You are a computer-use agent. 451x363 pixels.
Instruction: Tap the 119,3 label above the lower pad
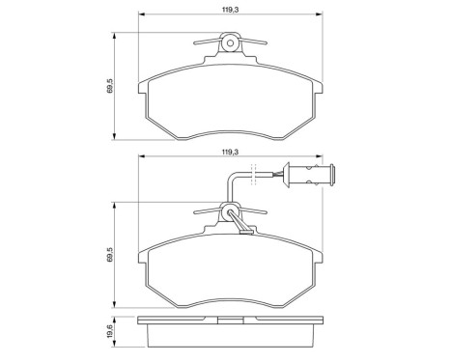point(230,153)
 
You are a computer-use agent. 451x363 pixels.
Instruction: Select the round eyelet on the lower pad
point(230,211)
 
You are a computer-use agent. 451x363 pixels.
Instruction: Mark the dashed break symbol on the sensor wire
point(253,175)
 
